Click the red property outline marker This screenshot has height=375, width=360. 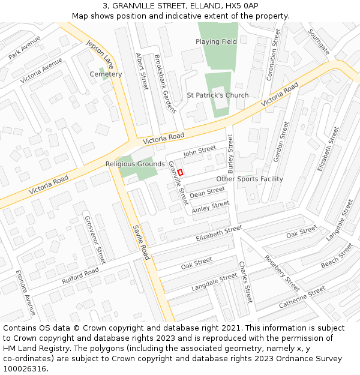180,172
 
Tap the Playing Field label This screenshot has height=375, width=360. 216,42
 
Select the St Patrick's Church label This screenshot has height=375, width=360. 217,95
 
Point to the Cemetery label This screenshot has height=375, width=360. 106,74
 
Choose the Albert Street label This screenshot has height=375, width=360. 142,72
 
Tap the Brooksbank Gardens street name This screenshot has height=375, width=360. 165,84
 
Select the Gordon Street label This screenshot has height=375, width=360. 281,142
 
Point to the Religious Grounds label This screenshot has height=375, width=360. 135,164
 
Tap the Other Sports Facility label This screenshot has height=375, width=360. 250,179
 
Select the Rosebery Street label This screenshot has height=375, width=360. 281,273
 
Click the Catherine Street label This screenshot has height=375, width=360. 302,298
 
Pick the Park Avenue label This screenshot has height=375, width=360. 25,47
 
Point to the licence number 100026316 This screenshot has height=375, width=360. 26,369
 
